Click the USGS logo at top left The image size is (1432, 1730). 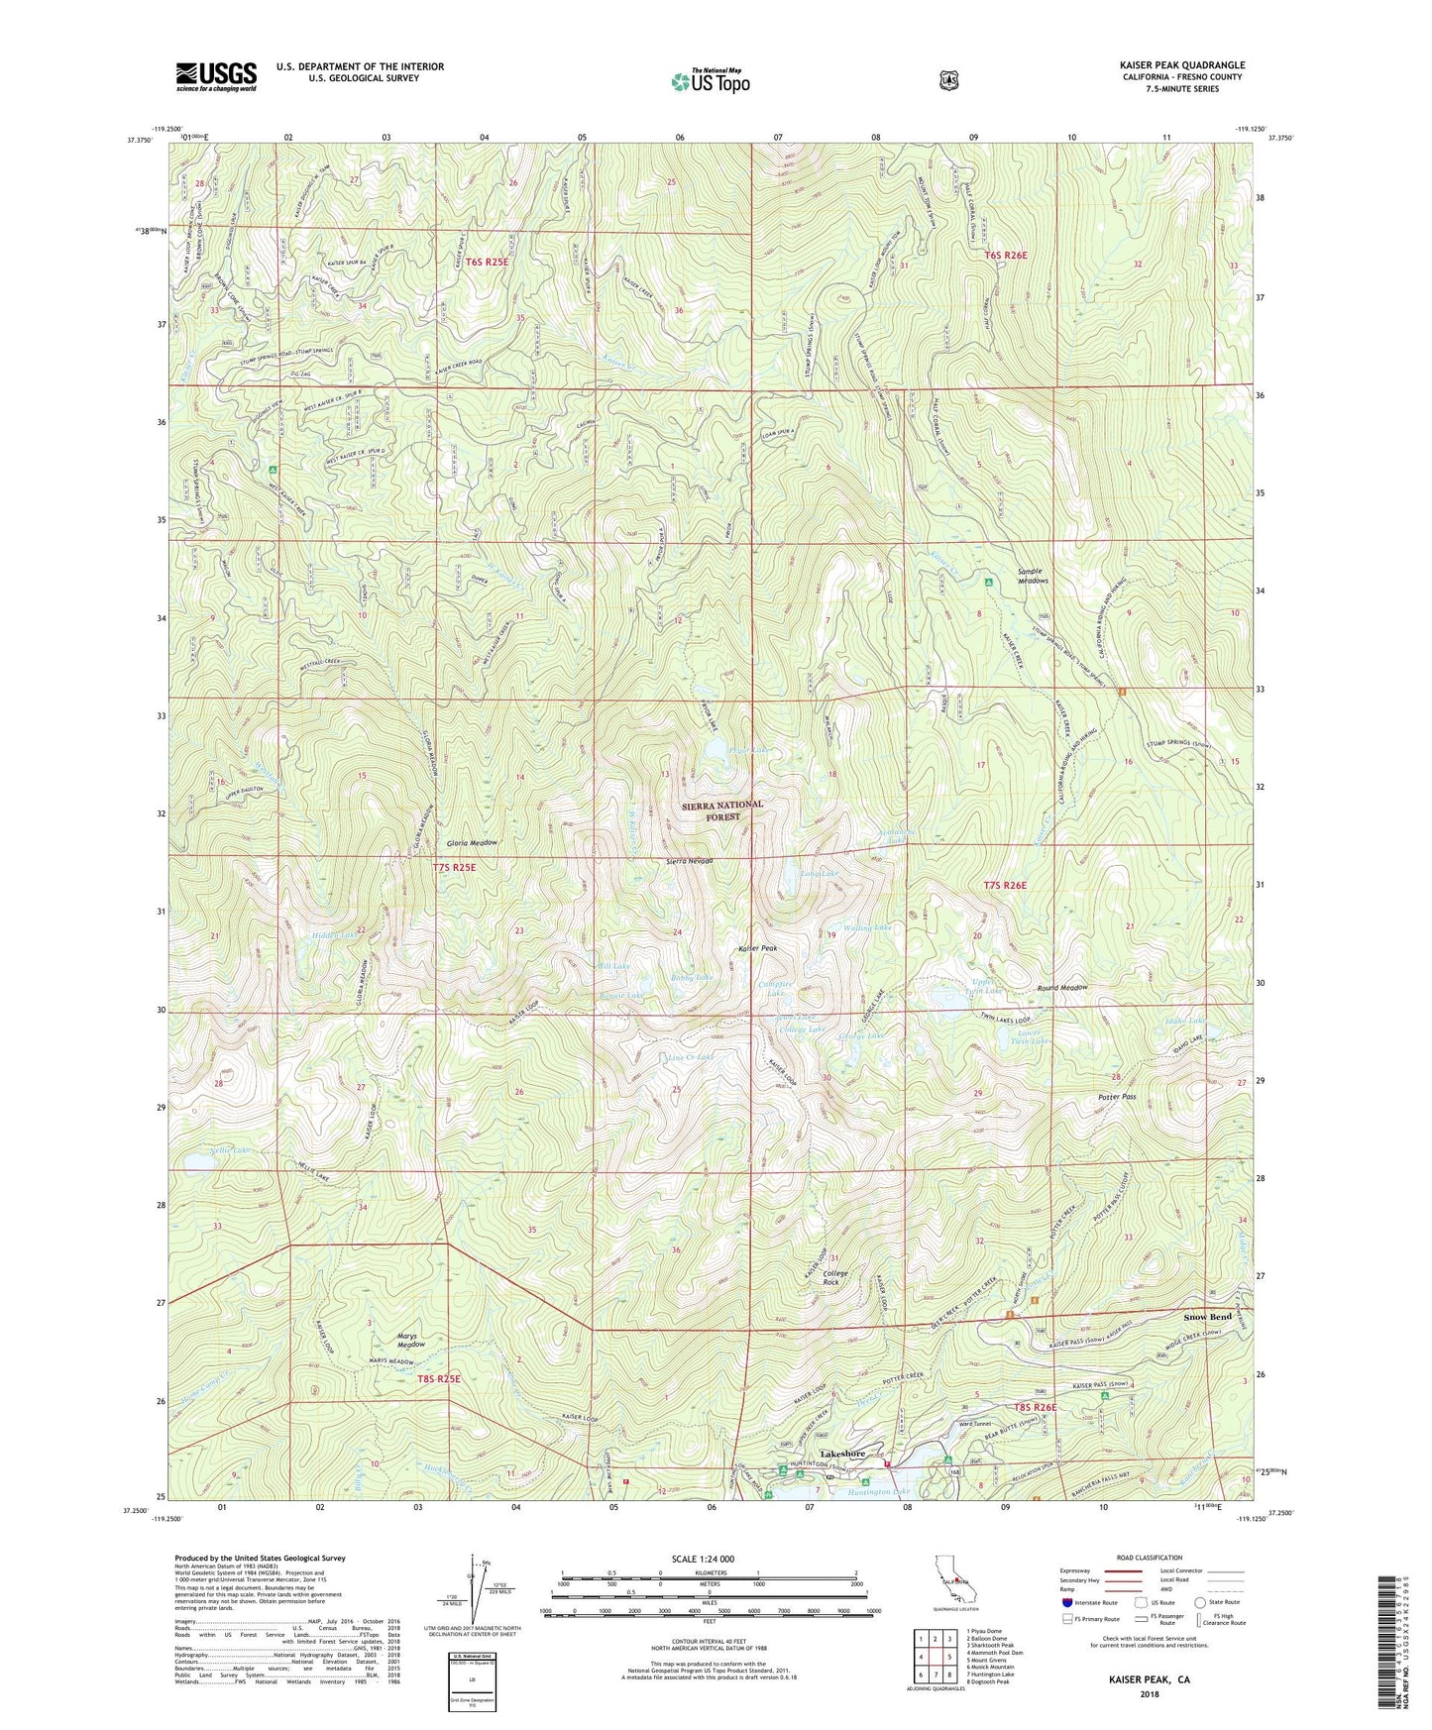tap(216, 75)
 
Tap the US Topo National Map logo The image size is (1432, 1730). tap(708, 80)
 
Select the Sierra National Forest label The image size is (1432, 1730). tap(722, 811)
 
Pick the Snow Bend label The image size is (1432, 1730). tap(1207, 1317)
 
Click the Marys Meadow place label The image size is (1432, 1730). tap(404, 1339)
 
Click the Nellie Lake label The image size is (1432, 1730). tap(230, 1150)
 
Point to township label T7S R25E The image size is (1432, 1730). tap(461, 867)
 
